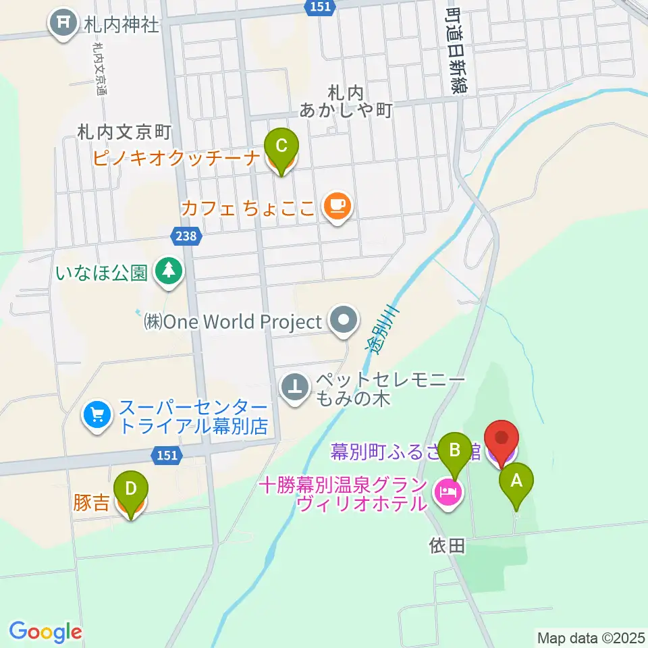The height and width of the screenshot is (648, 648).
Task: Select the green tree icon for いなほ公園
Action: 169,272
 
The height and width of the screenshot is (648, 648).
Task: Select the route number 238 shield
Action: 184,236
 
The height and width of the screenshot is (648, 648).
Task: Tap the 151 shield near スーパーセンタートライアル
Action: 166,456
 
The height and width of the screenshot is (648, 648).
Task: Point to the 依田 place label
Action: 447,545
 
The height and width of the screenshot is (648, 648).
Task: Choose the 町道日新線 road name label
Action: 459,47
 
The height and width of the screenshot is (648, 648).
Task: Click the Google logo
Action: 45,632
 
